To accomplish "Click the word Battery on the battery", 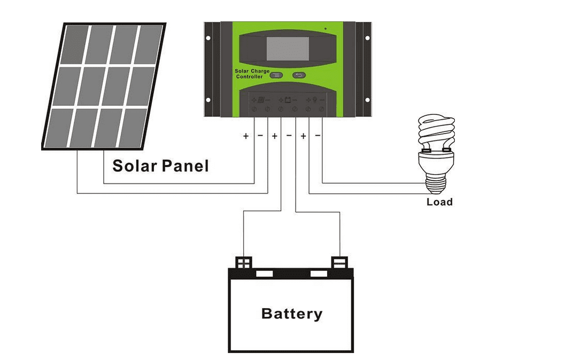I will (x=292, y=313).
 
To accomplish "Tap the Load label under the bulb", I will (x=439, y=202).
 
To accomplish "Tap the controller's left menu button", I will (x=275, y=75).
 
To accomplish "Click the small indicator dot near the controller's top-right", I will (x=326, y=28).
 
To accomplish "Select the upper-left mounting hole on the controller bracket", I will (x=208, y=38).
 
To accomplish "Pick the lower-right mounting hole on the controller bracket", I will (x=367, y=100).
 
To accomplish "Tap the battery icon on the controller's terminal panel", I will (x=288, y=99).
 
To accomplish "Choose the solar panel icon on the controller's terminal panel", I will (x=261, y=99).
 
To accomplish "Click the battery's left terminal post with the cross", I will (x=244, y=262).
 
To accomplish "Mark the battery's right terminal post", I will (x=340, y=262).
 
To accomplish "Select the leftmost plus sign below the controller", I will (x=246, y=136).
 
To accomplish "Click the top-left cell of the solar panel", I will (x=75, y=44).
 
